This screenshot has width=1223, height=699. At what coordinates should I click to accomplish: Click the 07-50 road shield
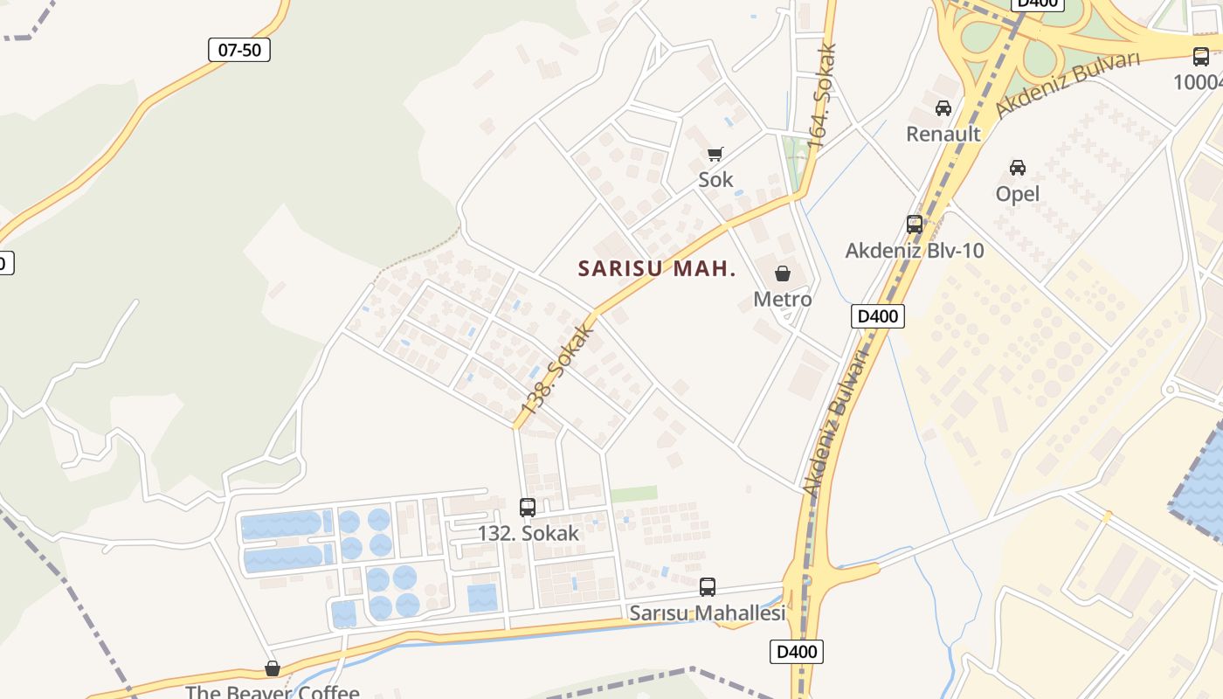tap(239, 50)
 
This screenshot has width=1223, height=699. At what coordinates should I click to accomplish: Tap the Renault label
tap(943, 134)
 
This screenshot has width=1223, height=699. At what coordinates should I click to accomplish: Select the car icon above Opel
tap(1018, 167)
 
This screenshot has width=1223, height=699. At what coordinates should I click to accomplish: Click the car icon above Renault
tap(943, 108)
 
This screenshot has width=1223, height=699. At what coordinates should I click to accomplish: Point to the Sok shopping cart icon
tap(715, 155)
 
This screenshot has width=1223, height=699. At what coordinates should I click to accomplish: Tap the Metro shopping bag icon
tap(783, 273)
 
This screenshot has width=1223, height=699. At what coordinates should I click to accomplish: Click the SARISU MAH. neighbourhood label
tap(657, 269)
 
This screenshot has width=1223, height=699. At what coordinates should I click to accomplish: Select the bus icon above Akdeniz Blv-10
tap(915, 225)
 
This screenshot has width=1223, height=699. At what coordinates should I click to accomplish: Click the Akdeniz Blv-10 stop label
tap(915, 251)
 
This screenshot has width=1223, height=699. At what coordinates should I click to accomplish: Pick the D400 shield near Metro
tap(878, 315)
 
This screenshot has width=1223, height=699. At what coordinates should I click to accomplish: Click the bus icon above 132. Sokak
tap(528, 507)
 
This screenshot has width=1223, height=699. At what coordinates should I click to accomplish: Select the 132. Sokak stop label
tap(528, 533)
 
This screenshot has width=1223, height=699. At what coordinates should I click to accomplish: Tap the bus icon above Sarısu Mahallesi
tap(708, 587)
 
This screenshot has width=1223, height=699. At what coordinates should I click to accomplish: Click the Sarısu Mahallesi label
tap(708, 613)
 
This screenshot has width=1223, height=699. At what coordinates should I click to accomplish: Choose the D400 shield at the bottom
tap(797, 651)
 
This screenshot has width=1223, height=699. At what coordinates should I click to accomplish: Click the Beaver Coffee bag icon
tap(273, 668)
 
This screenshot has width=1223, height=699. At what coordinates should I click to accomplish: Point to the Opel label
tap(1018, 193)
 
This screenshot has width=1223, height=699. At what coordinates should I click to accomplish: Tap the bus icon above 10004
tap(1201, 57)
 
